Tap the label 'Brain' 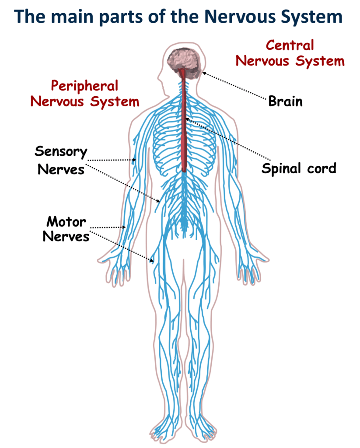pos(285,101)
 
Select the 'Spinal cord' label pos(299,168)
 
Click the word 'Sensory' pos(61,152)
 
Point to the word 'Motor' pos(66,221)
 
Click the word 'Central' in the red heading pos(290,45)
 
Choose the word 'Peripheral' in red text pos(84,85)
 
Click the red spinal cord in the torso pos(184,131)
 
